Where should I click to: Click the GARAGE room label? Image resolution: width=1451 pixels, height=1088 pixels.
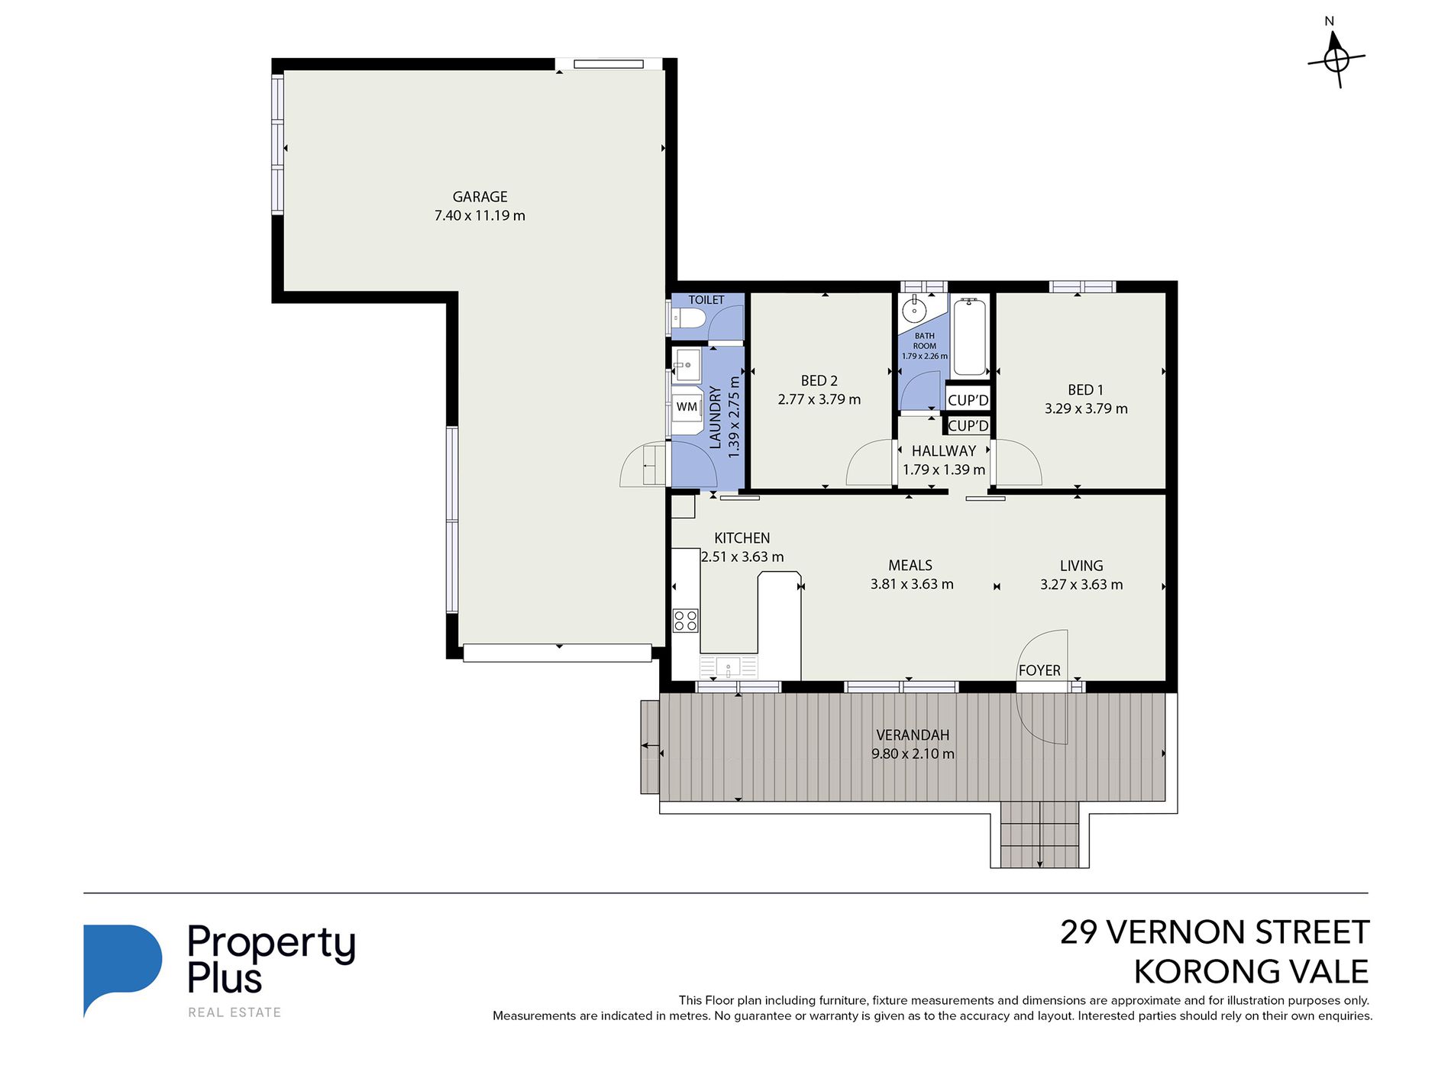[480, 197]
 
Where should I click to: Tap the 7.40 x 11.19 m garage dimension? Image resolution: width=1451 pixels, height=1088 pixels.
[480, 215]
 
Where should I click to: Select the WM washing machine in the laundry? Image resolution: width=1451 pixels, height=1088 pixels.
[687, 408]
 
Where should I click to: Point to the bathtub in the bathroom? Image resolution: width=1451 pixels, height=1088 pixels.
[970, 337]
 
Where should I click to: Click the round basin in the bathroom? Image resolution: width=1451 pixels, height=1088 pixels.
[913, 310]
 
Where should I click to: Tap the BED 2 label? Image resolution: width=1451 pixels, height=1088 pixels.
[819, 380]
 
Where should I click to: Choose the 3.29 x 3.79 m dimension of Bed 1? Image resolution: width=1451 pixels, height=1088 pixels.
[1086, 408]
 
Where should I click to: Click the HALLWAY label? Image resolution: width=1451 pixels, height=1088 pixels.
[944, 451]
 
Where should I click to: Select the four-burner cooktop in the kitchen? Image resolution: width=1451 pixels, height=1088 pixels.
[685, 620]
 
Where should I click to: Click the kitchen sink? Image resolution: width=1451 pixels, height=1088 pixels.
[729, 667]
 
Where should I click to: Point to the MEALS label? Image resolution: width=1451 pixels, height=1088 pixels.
[910, 566]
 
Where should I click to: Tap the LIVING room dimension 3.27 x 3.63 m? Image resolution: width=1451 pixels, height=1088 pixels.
[1081, 585]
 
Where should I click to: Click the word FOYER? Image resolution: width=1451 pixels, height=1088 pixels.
[1039, 670]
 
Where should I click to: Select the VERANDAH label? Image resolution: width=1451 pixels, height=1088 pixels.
[913, 735]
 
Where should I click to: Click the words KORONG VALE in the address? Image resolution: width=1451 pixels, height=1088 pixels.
[1251, 972]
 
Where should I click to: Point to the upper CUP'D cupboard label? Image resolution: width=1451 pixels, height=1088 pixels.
[968, 400]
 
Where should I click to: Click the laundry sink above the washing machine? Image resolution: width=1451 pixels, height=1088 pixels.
[687, 366]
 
